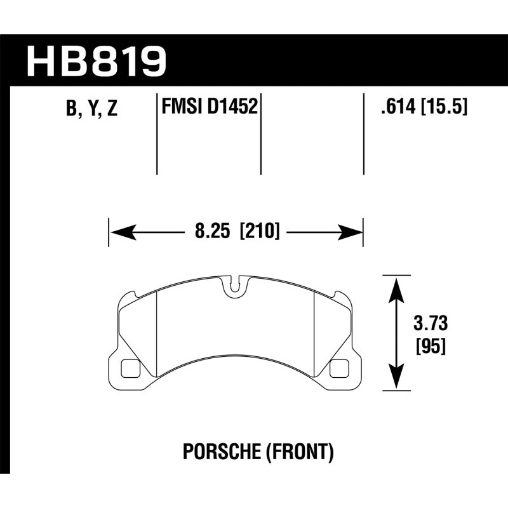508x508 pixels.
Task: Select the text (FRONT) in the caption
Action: pos(297,452)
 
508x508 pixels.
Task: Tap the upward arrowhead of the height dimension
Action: pos(397,286)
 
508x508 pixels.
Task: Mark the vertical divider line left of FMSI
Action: pos(157,133)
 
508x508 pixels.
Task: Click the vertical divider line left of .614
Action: pos(363,133)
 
